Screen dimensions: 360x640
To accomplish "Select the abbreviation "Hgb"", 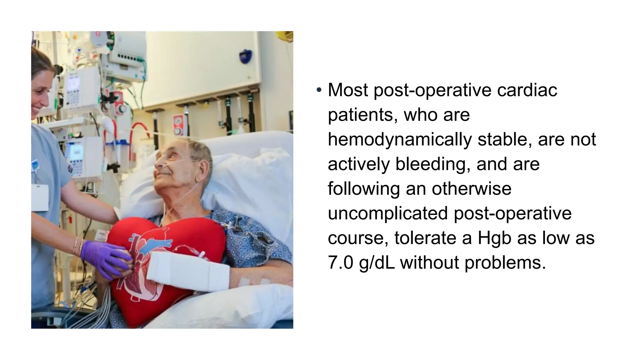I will [x=494, y=238].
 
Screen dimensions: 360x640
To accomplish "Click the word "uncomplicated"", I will [x=388, y=213].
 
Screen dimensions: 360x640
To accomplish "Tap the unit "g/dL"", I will [x=377, y=262].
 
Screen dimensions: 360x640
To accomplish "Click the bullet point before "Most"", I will [x=319, y=90].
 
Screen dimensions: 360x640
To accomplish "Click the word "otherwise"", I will [x=472, y=188].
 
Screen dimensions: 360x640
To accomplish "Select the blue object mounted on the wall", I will [x=245, y=56].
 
